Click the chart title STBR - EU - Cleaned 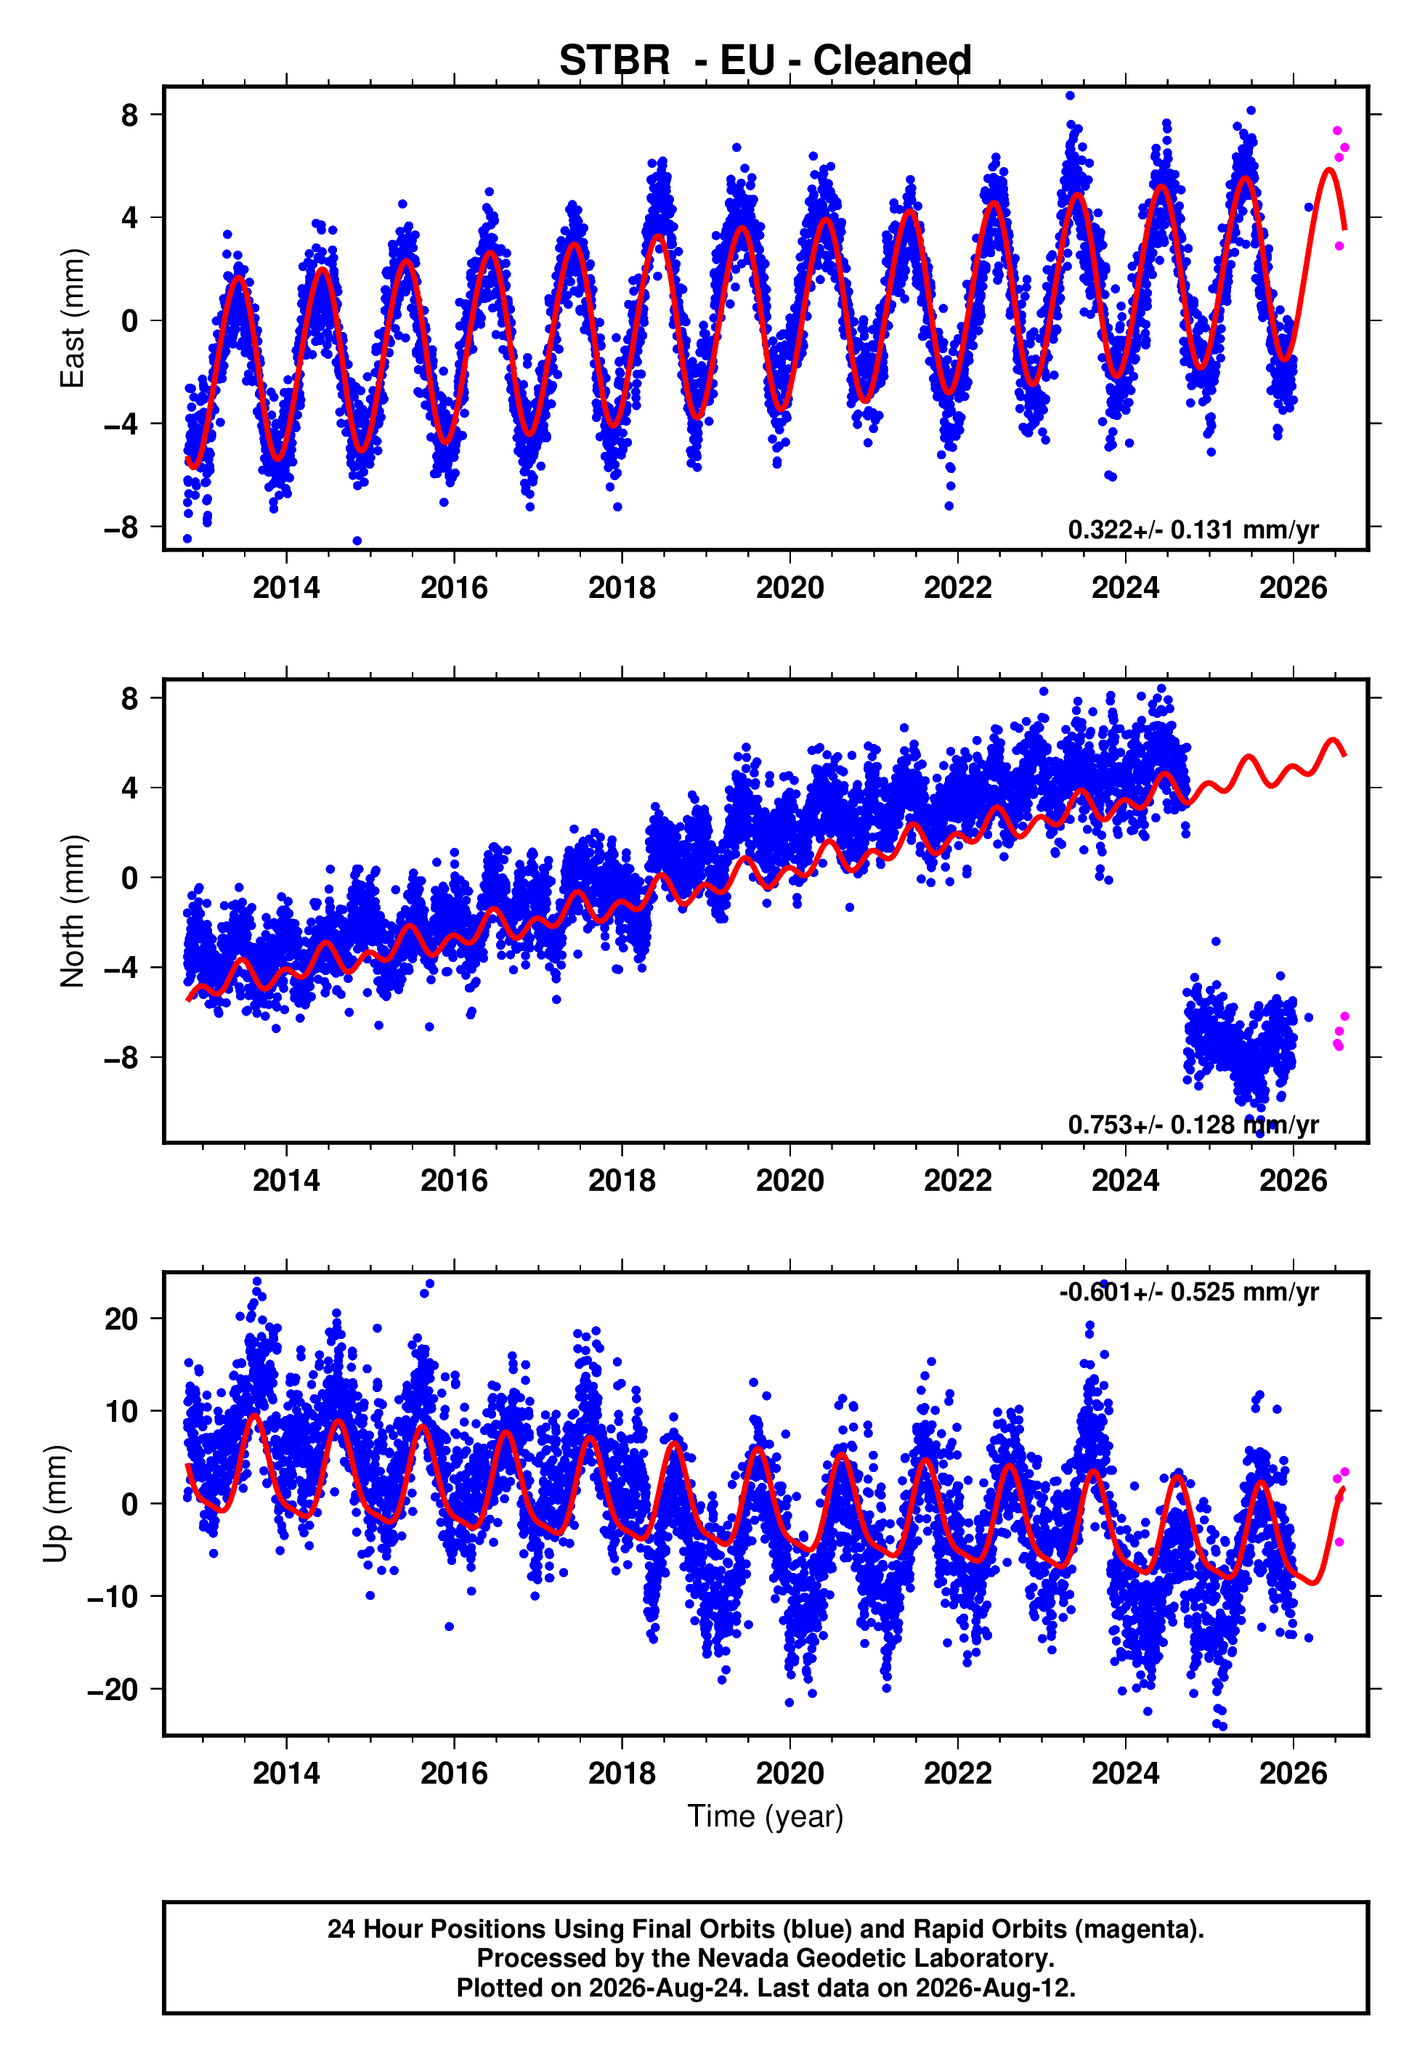[x=766, y=61]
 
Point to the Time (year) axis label [x=766, y=1816]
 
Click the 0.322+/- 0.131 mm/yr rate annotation [x=1193, y=530]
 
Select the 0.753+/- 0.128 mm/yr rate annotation [x=1193, y=1125]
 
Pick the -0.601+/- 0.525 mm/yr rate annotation [x=1188, y=1292]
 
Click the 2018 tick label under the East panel [x=622, y=588]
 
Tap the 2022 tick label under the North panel [x=957, y=1181]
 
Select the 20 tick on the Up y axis [x=122, y=1319]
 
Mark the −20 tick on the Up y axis [x=113, y=1689]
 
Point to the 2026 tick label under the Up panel [x=1293, y=1773]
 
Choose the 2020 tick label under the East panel [x=789, y=588]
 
